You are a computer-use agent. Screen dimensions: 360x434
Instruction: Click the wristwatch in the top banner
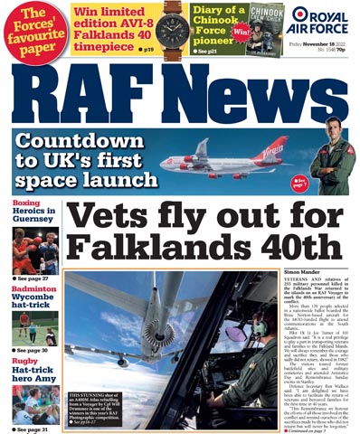pyautogui.click(x=172, y=26)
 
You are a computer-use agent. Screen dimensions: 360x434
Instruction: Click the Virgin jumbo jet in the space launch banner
pyautogui.click(x=235, y=159)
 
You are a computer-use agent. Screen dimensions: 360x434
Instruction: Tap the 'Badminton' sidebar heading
pyautogui.click(x=33, y=289)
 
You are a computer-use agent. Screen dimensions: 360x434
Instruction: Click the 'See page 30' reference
pyautogui.click(x=32, y=350)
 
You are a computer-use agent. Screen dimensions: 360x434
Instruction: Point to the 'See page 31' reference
pyautogui.click(x=32, y=429)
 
